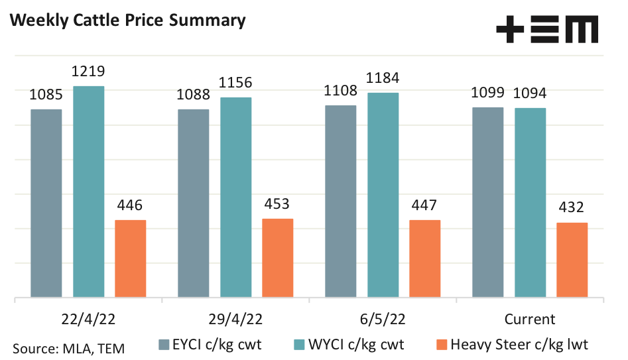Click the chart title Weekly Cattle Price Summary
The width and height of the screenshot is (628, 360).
click(x=126, y=21)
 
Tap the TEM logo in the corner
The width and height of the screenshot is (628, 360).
click(x=547, y=30)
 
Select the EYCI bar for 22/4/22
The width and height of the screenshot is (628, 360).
click(x=46, y=203)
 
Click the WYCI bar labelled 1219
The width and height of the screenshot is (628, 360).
click(x=89, y=192)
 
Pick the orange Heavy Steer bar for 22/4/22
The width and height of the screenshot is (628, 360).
click(x=131, y=259)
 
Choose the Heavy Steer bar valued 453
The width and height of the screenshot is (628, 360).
click(x=278, y=258)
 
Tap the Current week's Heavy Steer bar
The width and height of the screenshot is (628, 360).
click(x=572, y=260)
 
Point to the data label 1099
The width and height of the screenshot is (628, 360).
click(x=487, y=93)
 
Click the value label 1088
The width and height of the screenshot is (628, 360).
click(x=194, y=95)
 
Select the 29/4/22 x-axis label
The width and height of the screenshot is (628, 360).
click(x=235, y=319)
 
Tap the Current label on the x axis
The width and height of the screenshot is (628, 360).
click(x=530, y=319)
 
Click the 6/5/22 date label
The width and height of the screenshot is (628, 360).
click(x=383, y=319)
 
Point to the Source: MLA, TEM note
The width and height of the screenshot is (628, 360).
click(x=68, y=347)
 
